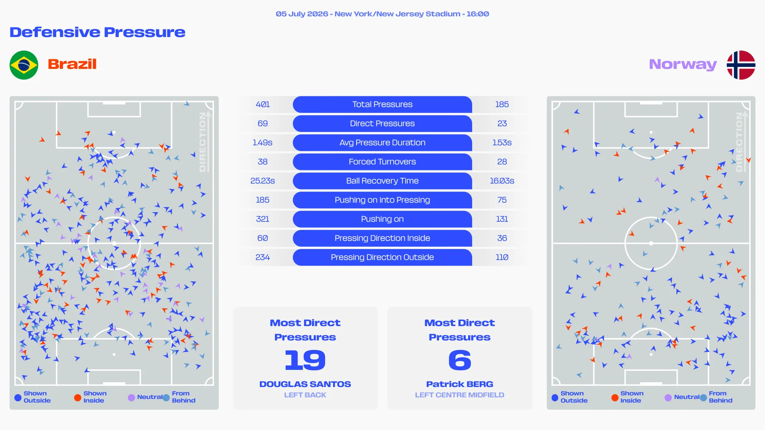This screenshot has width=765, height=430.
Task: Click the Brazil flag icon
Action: click(24, 65)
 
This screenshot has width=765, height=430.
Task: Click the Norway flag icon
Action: click(741, 65)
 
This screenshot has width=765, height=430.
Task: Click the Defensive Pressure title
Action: click(97, 32)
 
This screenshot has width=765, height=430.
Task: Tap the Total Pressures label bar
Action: click(382, 104)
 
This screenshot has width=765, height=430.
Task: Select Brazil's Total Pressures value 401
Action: click(263, 104)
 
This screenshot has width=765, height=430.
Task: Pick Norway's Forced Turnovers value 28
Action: click(502, 162)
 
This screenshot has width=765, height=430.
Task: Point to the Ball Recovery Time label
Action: click(382, 181)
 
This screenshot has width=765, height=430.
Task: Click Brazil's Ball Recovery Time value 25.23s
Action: click(263, 181)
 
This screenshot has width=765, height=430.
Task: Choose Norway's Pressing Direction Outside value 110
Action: click(502, 257)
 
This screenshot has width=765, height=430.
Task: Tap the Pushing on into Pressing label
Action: click(382, 200)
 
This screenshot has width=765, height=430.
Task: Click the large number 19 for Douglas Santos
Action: click(305, 360)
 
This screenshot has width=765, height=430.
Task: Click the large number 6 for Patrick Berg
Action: click(460, 360)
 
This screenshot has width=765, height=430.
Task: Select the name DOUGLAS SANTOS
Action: click(305, 384)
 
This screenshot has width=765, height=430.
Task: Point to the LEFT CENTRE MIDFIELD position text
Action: click(460, 395)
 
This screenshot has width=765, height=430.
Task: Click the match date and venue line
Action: click(382, 14)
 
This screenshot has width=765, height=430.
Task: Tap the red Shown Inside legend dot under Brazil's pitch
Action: click(78, 397)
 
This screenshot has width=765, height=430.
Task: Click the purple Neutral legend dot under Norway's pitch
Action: click(668, 397)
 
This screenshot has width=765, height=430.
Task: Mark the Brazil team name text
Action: click(72, 64)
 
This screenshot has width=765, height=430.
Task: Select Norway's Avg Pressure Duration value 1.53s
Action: click(502, 143)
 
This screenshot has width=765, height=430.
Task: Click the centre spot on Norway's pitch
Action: click(651, 243)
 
